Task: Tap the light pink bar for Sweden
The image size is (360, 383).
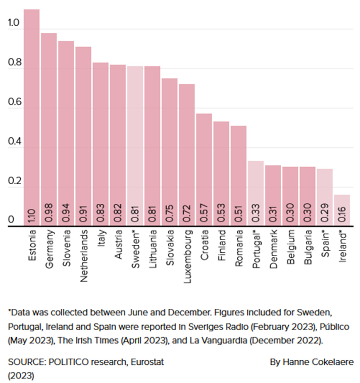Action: click(135, 145)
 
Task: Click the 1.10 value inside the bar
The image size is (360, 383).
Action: click(32, 214)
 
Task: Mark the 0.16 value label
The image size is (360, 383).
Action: click(342, 214)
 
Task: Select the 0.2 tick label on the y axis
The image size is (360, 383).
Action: click(14, 181)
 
